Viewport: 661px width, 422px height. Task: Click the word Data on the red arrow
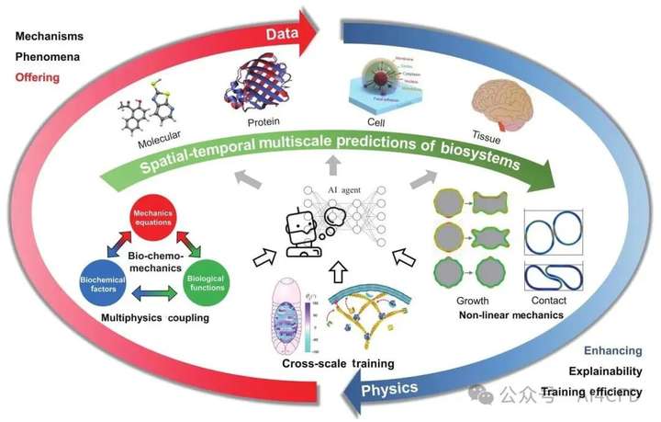tap(286, 34)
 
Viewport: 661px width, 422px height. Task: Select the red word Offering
tap(36, 77)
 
